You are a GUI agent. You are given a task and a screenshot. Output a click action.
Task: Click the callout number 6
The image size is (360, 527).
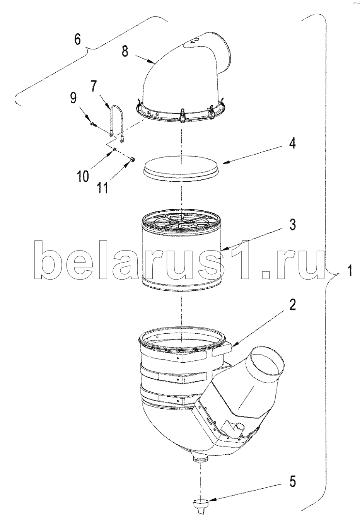coord(78,39)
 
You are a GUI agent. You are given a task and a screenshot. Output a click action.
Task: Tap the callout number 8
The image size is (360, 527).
coord(125,51)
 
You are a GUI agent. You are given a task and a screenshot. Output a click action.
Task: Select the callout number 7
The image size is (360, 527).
coord(94,86)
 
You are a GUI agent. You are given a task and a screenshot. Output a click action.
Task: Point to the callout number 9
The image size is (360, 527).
coord(73,97)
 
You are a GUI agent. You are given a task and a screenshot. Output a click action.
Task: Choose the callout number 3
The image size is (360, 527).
coord(292,224)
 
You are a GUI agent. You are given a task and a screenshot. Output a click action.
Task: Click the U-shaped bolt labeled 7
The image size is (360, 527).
coord(116,123)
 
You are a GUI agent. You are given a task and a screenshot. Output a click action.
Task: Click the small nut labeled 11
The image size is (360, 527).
coord(132,160)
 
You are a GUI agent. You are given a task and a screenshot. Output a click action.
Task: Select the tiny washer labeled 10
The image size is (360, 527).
coord(114,149)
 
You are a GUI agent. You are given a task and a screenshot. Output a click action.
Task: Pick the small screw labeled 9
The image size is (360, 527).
coord(93,124)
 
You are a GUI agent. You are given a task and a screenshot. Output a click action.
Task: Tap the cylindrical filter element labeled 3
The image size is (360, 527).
coord(182,250)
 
